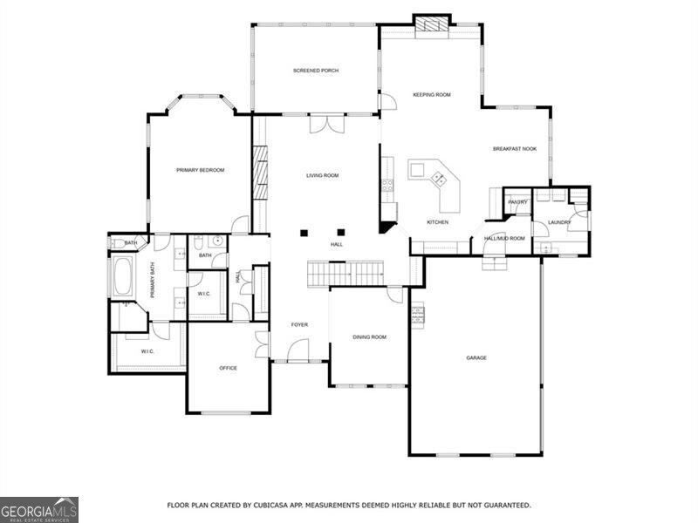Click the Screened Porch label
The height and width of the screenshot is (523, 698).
[315, 71]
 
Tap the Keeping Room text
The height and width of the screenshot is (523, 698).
[431, 94]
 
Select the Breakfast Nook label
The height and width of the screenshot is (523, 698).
[514, 149]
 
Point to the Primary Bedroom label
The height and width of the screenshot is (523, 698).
[200, 170]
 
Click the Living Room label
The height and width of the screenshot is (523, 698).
[322, 175]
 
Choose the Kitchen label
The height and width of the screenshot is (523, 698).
[437, 222]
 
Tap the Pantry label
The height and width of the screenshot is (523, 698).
[517, 202]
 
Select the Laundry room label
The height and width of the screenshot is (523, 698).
[559, 222]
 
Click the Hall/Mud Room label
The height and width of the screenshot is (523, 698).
[504, 238]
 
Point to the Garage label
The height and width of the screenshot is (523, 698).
[476, 357]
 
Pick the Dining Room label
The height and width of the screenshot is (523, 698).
[369, 336]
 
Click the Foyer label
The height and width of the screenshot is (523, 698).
[299, 324]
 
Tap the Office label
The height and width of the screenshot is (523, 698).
[228, 368]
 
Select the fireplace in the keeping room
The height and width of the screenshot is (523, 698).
[431, 24]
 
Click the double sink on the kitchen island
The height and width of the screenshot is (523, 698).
[438, 180]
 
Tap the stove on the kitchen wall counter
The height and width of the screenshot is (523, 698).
[387, 184]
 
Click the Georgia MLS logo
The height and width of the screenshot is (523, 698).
[39, 509]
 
